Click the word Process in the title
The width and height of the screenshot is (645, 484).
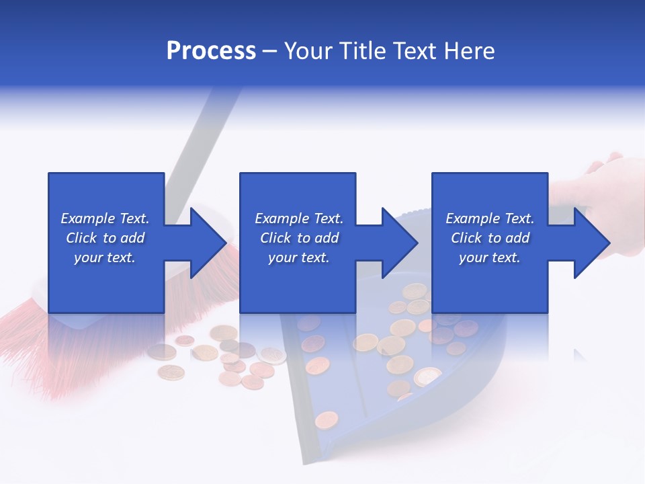[x=211, y=51]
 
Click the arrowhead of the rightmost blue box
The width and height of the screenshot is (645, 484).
[x=591, y=243]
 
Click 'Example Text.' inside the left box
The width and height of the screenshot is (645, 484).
[x=105, y=218]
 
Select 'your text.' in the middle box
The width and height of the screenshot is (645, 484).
[x=298, y=257]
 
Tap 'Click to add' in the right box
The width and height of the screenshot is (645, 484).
[x=490, y=238]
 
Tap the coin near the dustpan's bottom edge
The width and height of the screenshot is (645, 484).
[x=327, y=419]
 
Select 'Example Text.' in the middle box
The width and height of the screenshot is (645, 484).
[x=298, y=218]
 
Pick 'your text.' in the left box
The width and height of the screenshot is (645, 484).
[x=105, y=257]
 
